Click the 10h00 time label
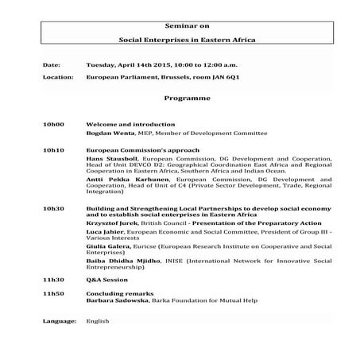pyautogui.click(x=53, y=125)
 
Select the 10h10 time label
pyautogui.click(x=53, y=149)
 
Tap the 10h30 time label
pyautogui.click(x=53, y=208)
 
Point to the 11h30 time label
pyautogui.click(x=53, y=281)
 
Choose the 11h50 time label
pyautogui.click(x=53, y=295)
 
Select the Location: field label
pyautogui.click(x=58, y=77)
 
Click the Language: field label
pyautogui.click(x=60, y=321)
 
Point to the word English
pyautogui.click(x=98, y=321)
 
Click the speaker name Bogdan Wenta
pyautogui.click(x=109, y=134)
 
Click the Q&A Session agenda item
pyautogui.click(x=106, y=281)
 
